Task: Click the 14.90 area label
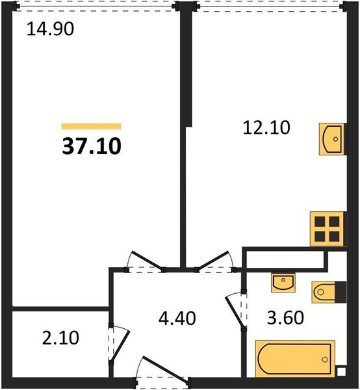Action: point(50,29)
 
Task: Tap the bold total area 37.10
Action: point(92,146)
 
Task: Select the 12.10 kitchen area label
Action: point(266,127)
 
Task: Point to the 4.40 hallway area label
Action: point(177,318)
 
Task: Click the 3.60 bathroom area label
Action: point(285,318)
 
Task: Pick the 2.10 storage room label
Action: point(60,338)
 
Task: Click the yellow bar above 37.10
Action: point(91,126)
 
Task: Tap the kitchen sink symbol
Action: point(332,139)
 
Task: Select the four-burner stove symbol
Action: point(327,229)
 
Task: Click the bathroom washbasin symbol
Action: point(283,282)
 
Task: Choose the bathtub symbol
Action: point(295,359)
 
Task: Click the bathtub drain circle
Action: point(325,359)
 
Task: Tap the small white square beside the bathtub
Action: point(341,372)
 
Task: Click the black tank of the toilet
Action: point(341,292)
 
